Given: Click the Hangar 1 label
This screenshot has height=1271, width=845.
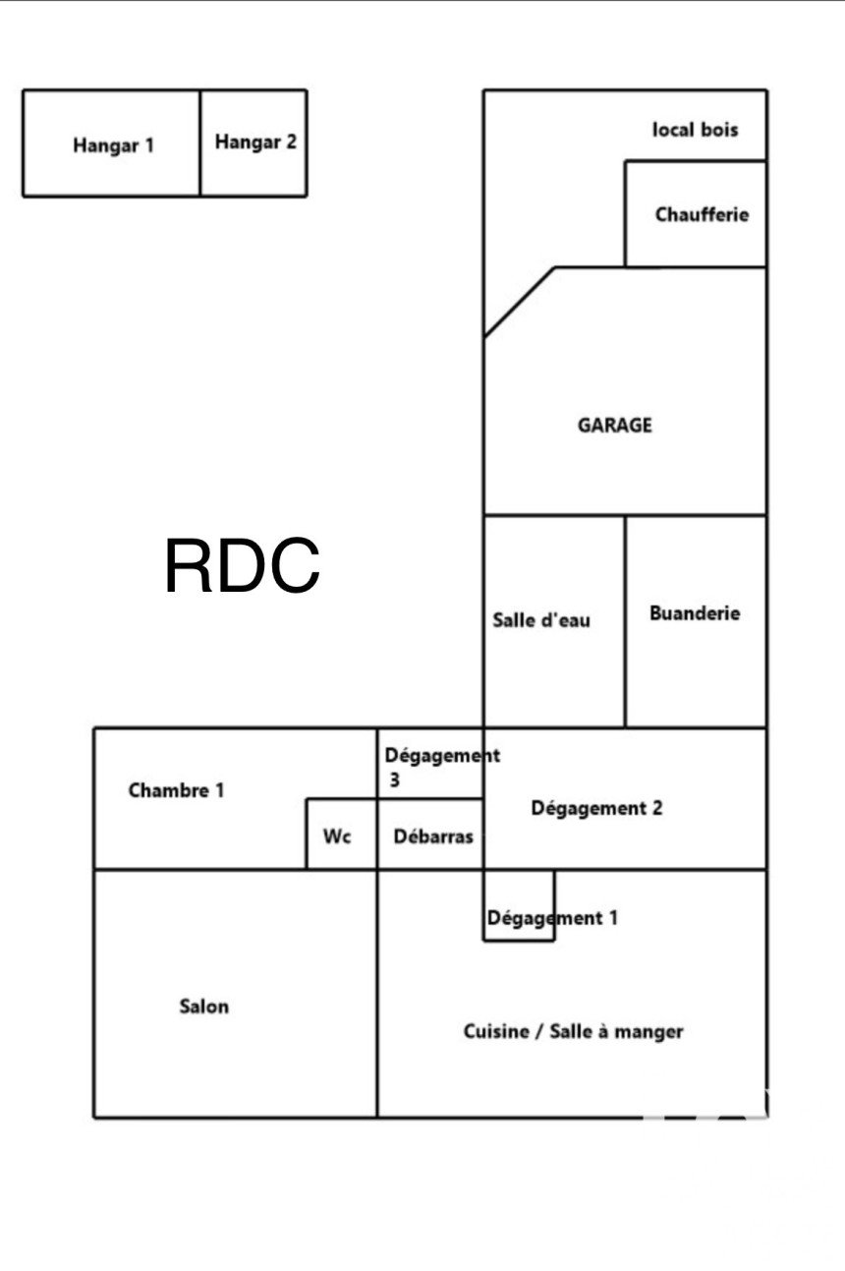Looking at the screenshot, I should pos(113,145).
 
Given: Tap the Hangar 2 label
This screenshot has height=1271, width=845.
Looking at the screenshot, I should pos(255,142).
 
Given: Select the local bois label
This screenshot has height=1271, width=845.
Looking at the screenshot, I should pos(695,129).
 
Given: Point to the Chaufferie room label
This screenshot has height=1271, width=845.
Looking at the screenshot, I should pos(702,214).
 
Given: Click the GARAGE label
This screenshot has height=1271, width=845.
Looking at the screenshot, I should pos(614,426).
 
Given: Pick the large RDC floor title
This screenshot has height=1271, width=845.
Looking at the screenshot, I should pos(242,566).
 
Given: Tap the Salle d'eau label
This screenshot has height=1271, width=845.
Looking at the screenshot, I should pos(541,620).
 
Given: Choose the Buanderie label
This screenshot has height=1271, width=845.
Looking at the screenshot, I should pos(695,612).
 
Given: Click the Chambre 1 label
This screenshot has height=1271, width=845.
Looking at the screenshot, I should pos(177,789).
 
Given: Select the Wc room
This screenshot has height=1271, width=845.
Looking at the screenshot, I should pos(337,837).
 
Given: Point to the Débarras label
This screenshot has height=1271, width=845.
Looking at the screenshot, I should pos(432,837).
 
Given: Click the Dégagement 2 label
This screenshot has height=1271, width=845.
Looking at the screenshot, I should pos(596,808).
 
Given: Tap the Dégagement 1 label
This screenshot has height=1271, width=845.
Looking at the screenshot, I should pos(552,918).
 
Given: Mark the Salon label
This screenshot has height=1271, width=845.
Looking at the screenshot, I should pos(204,1006).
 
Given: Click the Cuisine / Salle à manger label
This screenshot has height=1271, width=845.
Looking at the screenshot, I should pos(573,1031).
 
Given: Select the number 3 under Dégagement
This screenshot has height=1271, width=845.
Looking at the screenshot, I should pos(393,781).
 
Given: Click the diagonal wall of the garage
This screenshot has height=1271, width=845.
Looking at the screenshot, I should pos(520,302).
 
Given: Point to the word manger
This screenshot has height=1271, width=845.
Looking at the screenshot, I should pos(648,1032).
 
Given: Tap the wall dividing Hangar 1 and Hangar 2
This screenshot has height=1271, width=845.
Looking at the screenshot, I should pos(200,144).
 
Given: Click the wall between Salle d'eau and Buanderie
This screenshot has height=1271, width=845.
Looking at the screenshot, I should pos(625,621).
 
